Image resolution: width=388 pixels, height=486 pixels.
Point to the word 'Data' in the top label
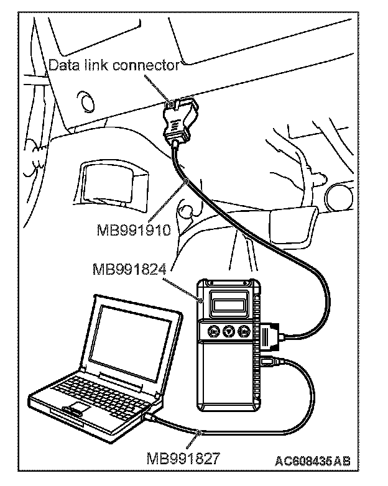(x=62, y=65)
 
